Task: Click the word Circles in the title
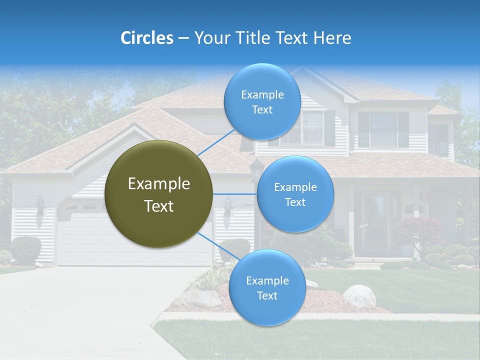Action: [x=146, y=38]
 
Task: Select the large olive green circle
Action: [x=158, y=194]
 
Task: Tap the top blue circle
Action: [x=262, y=102]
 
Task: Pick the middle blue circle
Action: [x=295, y=194]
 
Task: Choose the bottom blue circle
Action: [x=267, y=287]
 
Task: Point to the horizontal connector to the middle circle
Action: [x=234, y=194]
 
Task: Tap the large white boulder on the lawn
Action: [x=359, y=296]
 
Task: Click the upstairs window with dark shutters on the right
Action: [x=383, y=129]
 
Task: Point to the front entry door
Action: [x=375, y=222]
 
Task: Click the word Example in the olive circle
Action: [x=158, y=184]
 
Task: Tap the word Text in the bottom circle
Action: [x=267, y=295]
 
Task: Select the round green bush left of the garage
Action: [x=25, y=249]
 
